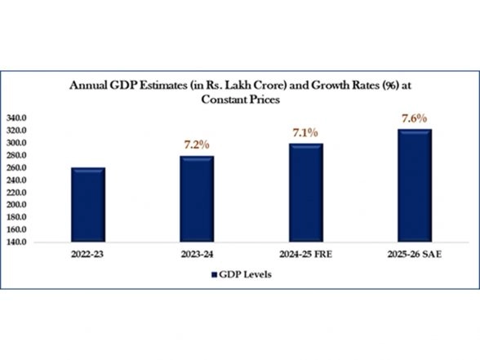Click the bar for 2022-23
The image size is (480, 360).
click(87, 204)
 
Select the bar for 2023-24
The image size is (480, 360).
click(196, 198)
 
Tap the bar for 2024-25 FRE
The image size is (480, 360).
click(305, 193)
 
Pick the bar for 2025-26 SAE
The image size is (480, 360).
click(414, 185)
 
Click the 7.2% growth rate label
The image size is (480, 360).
click(196, 144)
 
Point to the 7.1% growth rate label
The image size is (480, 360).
click(304, 132)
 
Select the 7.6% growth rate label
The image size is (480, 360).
click(414, 118)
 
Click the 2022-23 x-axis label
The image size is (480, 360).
click(87, 256)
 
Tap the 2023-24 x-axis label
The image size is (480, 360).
click(196, 256)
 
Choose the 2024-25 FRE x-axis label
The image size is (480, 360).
click(305, 256)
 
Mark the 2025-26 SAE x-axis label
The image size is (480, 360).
click(414, 256)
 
